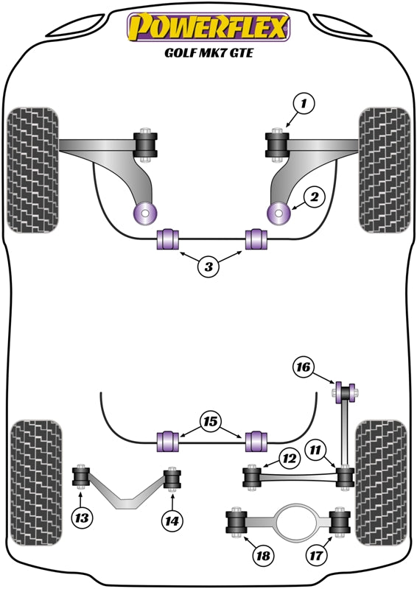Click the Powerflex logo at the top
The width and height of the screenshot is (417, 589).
pos(208,27)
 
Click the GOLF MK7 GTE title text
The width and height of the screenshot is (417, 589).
pos(208,53)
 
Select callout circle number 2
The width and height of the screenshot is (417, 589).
pos(314,197)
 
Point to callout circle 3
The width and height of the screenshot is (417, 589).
pos(208,267)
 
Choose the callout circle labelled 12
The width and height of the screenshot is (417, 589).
pos(289,459)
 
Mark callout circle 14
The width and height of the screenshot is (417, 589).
pos(172,521)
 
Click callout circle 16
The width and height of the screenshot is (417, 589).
pos(303,367)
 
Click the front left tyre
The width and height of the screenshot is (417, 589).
pos(32,169)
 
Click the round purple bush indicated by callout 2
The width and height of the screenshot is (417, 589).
pos(278,214)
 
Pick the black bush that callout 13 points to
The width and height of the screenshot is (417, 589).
pos(81,479)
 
